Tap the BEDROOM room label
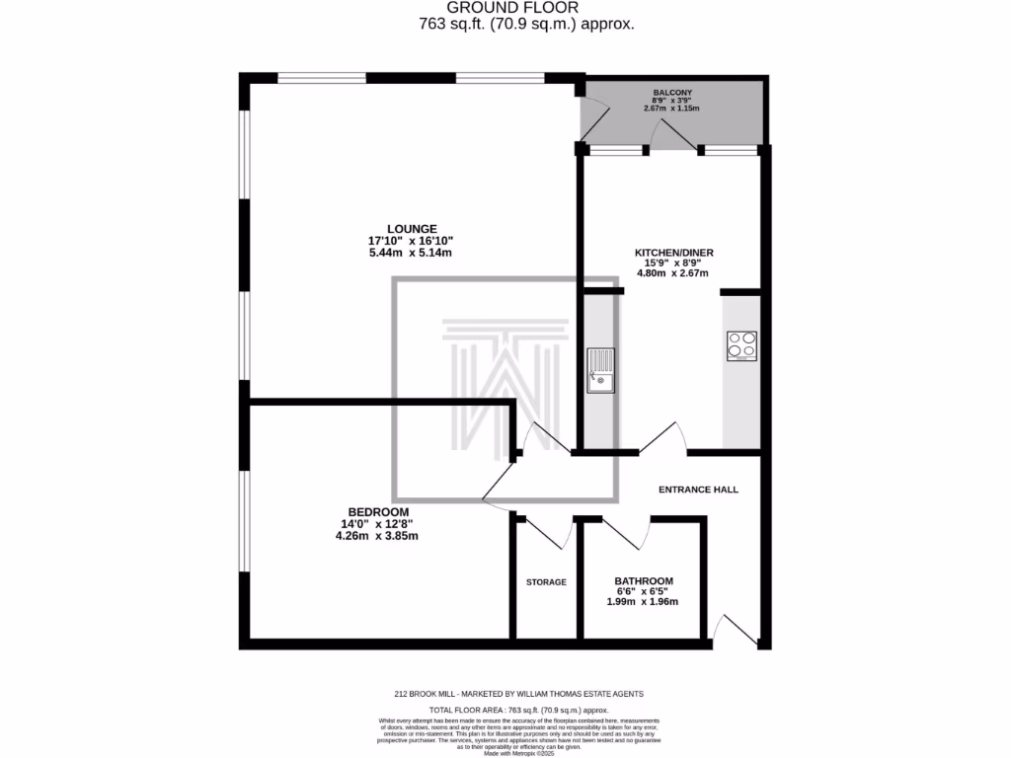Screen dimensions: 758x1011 (x=377, y=510)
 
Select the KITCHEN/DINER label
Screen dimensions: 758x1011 (x=673, y=253)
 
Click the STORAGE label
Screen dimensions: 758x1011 (x=546, y=582)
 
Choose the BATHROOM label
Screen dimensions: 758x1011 (x=644, y=580)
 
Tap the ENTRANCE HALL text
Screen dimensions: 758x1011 (x=698, y=490)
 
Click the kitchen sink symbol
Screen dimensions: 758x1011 (x=600, y=370)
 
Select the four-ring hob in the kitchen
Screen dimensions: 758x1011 (x=741, y=345)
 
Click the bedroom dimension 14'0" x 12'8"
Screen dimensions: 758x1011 (x=377, y=524)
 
